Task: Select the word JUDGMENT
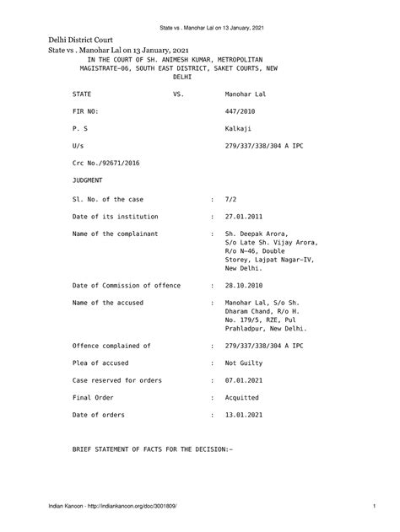88,180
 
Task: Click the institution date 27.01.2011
243,216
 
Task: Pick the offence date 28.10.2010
243,285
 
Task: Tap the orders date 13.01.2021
243,415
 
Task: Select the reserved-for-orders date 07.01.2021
243,380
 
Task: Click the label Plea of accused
105,363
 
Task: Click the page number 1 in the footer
373,506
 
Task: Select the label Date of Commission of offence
127,285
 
